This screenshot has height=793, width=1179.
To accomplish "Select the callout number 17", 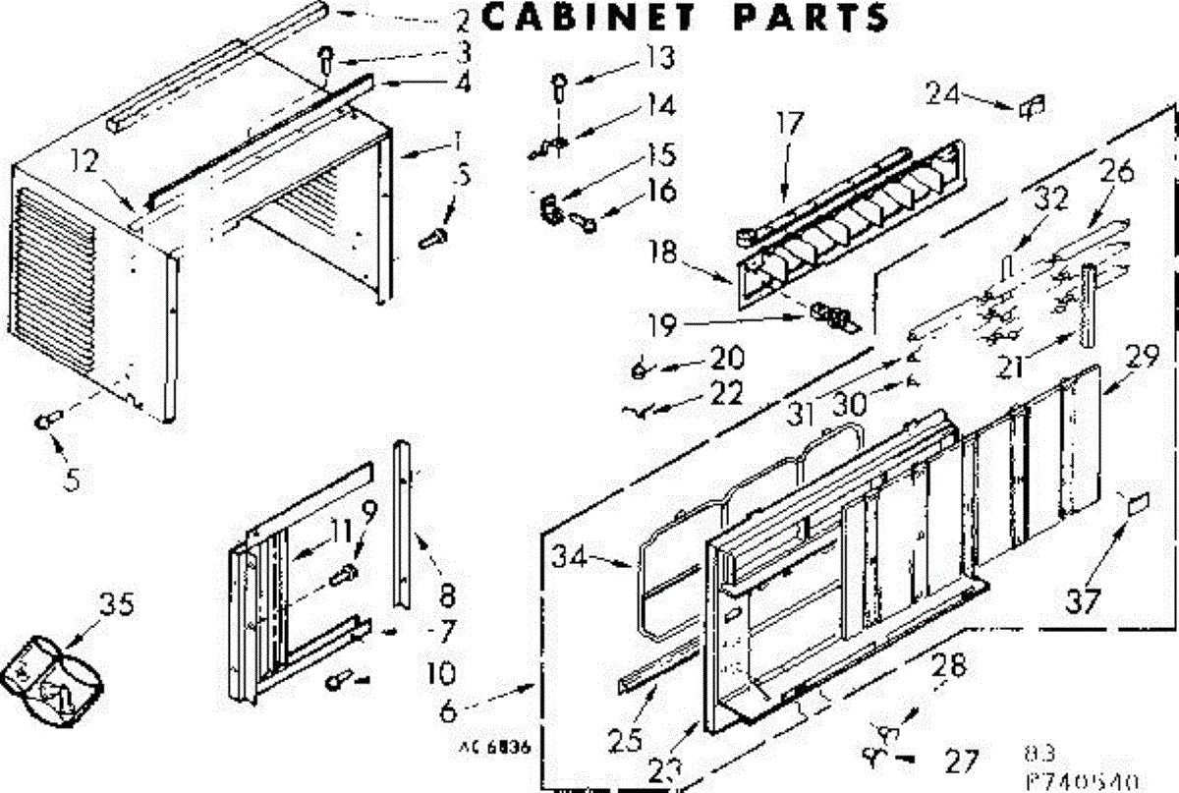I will pos(789,124).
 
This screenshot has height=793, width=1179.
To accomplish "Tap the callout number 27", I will pos(961,760).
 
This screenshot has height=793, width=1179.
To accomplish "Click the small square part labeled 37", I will pos(1139,505).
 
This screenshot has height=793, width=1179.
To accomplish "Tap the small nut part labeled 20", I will pos(639,370).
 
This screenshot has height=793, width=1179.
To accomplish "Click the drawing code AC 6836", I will pos(494,746).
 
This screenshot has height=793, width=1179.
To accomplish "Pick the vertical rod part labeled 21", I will pos(1087,304).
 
